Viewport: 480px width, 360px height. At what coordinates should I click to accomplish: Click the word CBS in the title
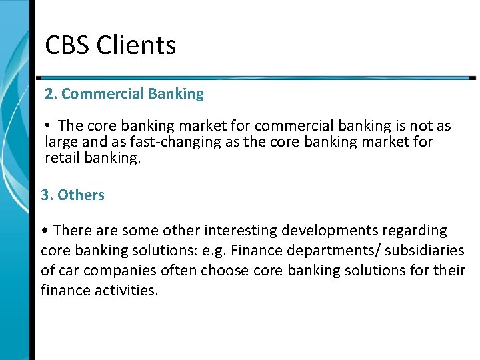67,45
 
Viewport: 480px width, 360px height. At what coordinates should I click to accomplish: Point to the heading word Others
81,195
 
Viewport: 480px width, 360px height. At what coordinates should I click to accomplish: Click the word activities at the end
125,291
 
